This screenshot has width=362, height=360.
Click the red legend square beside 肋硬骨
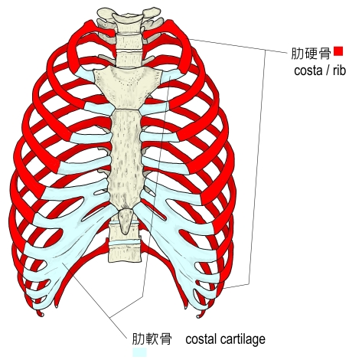tap(338, 51)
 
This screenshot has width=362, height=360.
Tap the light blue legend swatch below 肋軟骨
tap(139, 352)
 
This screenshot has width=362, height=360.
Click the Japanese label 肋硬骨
tap(311, 54)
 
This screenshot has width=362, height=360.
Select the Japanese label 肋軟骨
tap(152, 339)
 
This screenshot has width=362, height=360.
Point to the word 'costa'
tap(308, 70)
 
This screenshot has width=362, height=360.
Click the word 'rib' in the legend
tap(339, 70)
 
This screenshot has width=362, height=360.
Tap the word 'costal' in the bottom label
tap(201, 339)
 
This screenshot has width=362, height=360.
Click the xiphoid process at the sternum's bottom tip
tap(126, 220)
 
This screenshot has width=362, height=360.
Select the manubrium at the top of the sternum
tap(128, 86)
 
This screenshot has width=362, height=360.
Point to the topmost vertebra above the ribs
tap(127, 16)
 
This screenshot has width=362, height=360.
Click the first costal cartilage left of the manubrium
tap(86, 74)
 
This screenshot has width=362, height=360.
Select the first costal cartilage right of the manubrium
tap(171, 75)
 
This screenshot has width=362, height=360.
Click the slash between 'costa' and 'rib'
tap(327, 70)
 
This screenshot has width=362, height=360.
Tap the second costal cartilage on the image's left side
tap(99, 109)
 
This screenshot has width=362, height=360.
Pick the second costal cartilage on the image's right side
tap(155, 109)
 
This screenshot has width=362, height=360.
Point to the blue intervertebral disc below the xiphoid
tap(125, 241)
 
